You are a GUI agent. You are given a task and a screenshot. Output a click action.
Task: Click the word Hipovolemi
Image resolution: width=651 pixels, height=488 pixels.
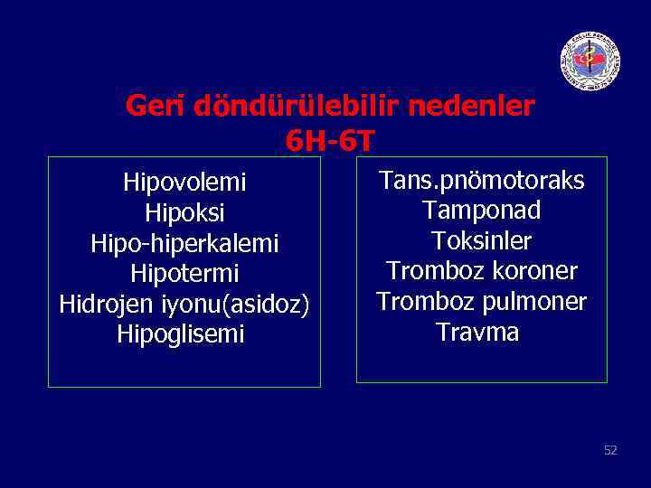[184, 183]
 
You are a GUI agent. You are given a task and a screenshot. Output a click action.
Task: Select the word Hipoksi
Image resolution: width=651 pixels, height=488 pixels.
[184, 213]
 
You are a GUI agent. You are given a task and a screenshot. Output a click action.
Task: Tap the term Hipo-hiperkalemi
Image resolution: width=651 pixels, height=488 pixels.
[184, 244]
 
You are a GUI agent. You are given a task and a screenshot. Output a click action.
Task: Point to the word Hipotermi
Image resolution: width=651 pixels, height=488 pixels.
[184, 274]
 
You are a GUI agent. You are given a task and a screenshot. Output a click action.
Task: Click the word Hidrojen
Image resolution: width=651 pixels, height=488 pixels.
[99, 305]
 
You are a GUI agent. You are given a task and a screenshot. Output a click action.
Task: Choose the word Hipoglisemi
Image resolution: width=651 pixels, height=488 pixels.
[181, 334]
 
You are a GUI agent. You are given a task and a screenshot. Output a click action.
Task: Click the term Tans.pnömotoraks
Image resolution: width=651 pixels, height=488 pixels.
[481, 181]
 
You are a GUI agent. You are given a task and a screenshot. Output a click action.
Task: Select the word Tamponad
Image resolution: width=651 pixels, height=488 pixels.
[481, 211]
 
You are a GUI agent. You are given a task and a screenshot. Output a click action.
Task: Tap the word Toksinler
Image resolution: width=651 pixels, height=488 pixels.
[481, 241]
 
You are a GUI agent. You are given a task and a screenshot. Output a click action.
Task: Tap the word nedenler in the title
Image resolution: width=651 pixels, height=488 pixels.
[471, 108]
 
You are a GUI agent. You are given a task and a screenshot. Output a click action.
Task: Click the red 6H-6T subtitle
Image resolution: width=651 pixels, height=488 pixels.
[329, 140]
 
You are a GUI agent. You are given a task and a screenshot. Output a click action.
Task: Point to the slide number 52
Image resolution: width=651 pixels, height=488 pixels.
[610, 450]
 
